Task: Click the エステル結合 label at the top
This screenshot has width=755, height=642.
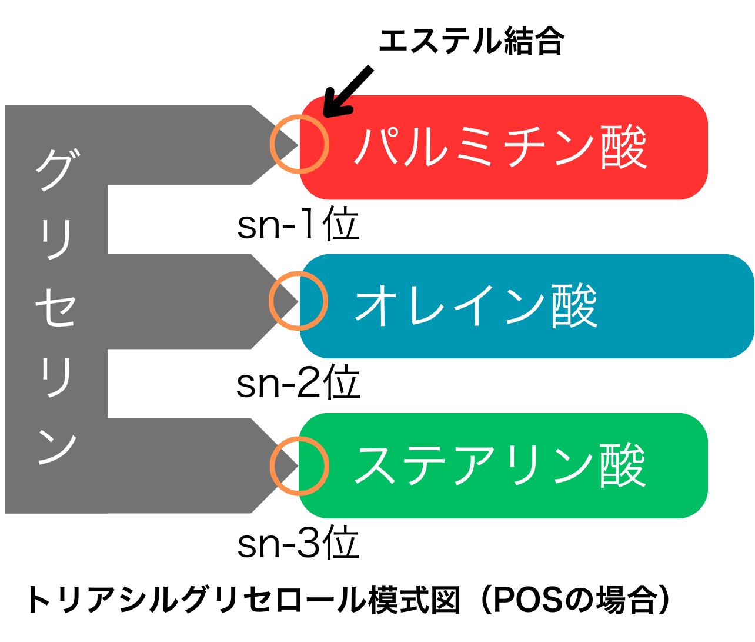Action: point(471,41)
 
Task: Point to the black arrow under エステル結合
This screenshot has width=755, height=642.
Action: point(348,91)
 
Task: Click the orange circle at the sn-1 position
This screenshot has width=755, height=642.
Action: point(299,144)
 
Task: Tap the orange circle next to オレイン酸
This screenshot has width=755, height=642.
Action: point(298,301)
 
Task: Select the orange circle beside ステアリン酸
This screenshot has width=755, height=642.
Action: point(299,466)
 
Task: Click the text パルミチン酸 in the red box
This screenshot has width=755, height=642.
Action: point(500,147)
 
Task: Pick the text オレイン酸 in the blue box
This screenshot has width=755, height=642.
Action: point(476,305)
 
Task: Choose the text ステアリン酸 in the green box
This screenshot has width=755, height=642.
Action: point(500,465)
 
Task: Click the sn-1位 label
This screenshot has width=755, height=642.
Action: point(298,224)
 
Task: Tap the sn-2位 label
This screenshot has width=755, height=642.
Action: point(298,383)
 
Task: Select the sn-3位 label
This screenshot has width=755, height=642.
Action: point(298,543)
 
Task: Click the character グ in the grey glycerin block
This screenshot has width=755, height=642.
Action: point(56,169)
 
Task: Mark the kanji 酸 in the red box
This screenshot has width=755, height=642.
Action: point(623,147)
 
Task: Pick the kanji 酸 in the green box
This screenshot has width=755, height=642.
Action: point(623,465)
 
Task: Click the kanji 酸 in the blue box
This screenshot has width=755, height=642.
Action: point(574,305)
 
